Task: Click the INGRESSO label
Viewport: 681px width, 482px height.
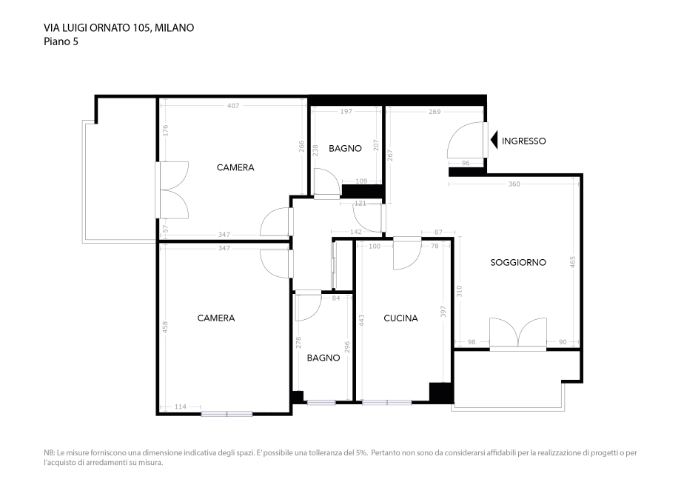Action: pos(523,141)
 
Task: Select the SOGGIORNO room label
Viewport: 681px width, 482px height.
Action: pos(518,262)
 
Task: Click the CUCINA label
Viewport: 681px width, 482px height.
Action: pos(400,318)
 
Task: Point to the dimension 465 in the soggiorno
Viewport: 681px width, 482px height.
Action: pos(572,262)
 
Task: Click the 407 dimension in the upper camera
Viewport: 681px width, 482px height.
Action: pos(233,106)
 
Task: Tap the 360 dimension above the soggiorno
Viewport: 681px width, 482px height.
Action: pos(514,184)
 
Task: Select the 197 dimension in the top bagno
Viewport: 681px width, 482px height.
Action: pos(346,112)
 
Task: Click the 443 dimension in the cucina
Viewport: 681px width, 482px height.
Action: pos(363,320)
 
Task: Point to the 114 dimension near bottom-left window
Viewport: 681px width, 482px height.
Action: pos(180,407)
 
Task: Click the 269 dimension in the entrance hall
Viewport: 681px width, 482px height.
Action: pos(435,112)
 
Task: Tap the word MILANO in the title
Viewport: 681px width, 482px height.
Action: pos(175,28)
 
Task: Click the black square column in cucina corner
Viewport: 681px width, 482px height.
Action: pos(440,392)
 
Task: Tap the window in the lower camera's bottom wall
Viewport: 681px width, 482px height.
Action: pos(227,413)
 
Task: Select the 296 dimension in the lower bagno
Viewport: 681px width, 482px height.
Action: pos(346,348)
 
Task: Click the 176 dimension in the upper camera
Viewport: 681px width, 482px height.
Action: pos(166,130)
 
